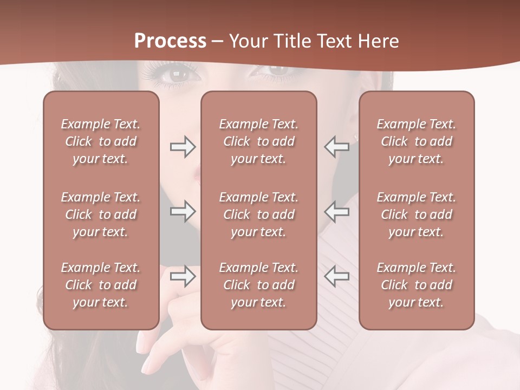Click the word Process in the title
click(x=170, y=41)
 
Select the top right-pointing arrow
click(x=183, y=147)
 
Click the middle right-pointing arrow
click(x=183, y=211)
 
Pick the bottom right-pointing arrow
click(x=183, y=276)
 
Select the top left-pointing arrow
click(x=337, y=147)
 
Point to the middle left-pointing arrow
click(x=337, y=211)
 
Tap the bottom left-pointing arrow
click(x=337, y=276)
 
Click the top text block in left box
click(x=101, y=141)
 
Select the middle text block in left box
click(x=101, y=214)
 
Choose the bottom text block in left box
click(x=101, y=285)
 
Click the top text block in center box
click(x=259, y=141)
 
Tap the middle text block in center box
click(x=259, y=214)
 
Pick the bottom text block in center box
click(x=259, y=285)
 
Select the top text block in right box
click(x=417, y=141)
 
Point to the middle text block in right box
click(x=417, y=214)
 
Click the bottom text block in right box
click(x=417, y=285)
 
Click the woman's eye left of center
click(x=179, y=74)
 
